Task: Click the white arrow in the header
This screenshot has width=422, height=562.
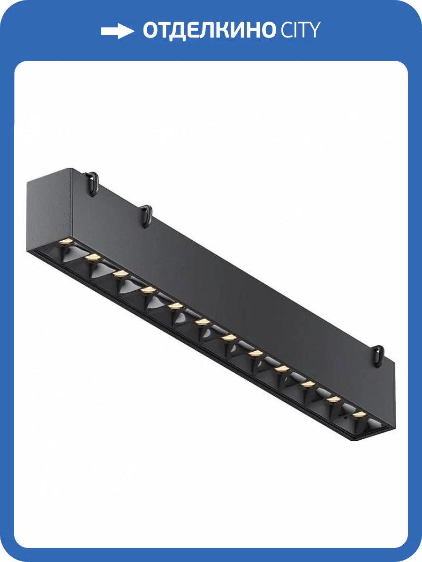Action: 118,31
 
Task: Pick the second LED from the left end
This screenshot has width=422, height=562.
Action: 93,257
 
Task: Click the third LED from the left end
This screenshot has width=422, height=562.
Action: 121,273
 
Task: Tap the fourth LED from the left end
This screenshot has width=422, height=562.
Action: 149,290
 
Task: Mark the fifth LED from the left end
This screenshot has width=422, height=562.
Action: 175,306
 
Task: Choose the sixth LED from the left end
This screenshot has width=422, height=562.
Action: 202,322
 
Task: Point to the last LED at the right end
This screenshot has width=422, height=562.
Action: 359,414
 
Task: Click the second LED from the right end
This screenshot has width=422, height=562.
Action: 333,399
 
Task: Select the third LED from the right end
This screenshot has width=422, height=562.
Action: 308,384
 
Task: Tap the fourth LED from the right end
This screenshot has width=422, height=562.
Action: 281,369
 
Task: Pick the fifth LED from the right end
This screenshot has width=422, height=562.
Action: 255,353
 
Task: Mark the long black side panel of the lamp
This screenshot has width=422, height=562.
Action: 234,281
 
